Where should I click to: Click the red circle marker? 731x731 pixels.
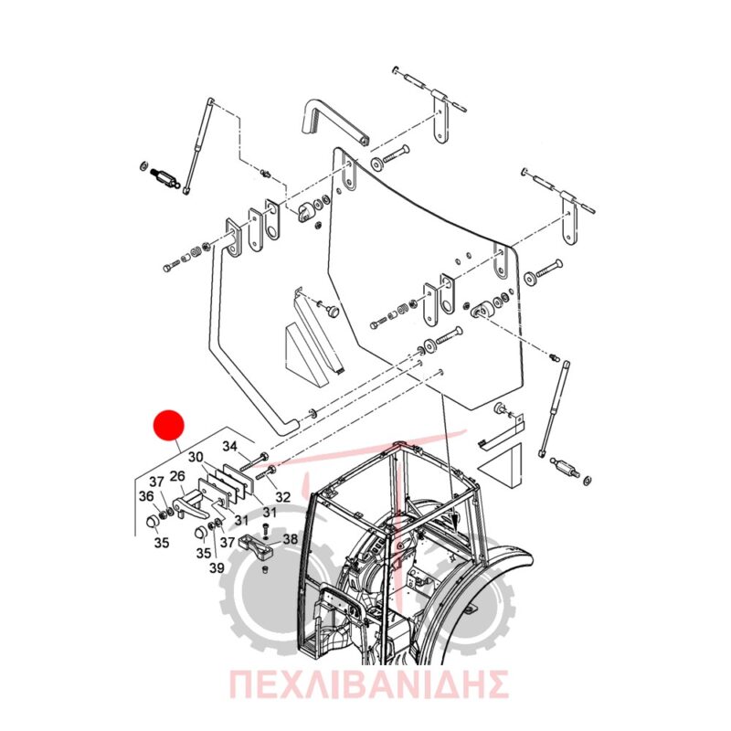tap(169, 425)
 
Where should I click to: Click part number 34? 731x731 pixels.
tap(230, 446)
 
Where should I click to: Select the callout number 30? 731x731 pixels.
tap(196, 457)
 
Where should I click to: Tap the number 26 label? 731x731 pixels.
tap(177, 476)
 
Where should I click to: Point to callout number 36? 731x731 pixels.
tap(146, 496)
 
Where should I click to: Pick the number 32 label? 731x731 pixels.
tap(282, 497)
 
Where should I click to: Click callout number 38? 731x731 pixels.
tap(290, 539)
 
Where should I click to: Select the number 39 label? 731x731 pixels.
tap(217, 567)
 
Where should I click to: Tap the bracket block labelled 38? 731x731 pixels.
tap(256, 546)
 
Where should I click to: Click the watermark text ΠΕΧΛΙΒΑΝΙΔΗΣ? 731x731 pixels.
tap(368, 684)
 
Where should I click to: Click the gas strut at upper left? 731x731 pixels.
tap(198, 146)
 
